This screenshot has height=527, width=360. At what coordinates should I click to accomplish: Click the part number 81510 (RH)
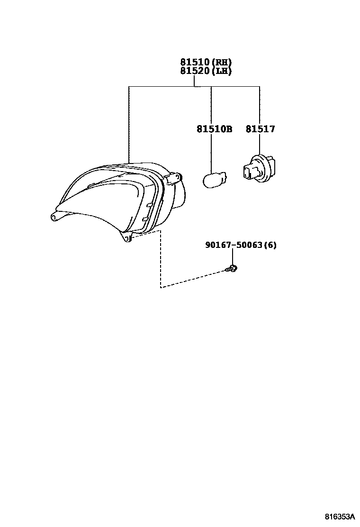[206, 62]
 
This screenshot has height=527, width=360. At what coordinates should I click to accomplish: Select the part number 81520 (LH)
[206, 71]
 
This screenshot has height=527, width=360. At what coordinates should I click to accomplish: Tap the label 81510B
[214, 129]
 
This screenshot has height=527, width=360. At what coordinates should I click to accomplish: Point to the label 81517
[260, 129]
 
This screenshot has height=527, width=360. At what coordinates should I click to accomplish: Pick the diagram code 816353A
[339, 516]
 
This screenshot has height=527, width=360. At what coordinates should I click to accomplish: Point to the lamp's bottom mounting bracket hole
[126, 238]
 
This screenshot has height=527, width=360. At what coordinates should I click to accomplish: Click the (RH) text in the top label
[222, 62]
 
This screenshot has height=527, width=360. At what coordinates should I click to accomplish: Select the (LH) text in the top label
[222, 71]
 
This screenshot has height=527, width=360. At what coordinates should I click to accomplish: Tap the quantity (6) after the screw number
[270, 245]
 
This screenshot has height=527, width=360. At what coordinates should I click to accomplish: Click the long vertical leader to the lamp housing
[129, 123]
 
